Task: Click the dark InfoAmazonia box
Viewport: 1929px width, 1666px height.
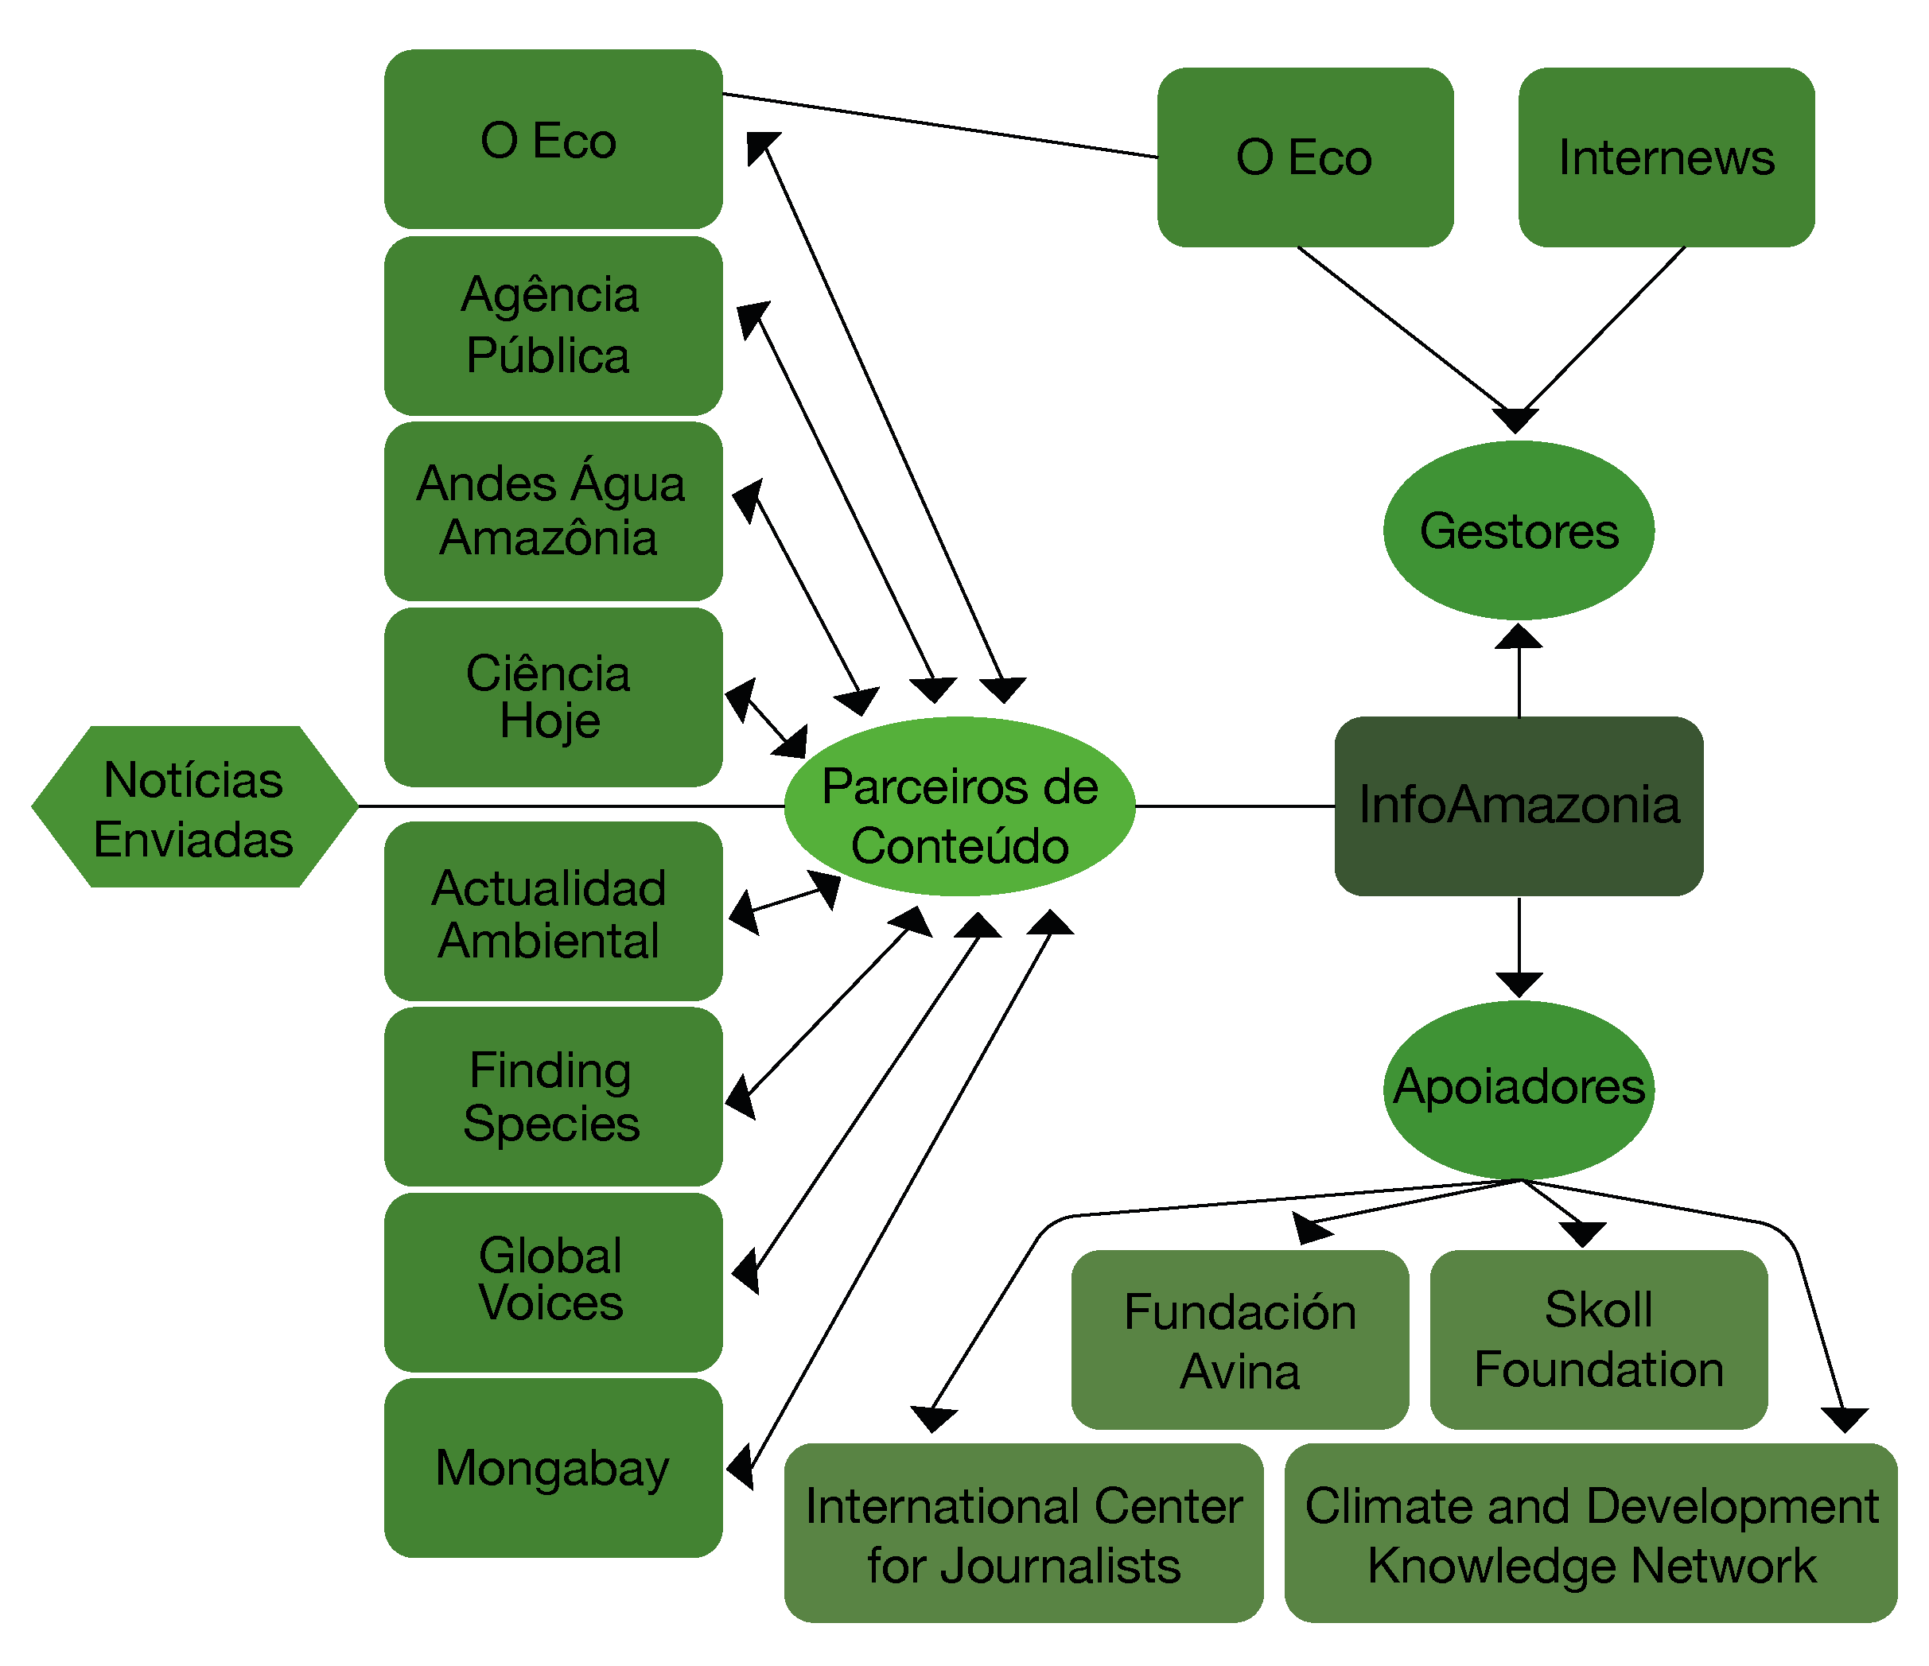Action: point(1519,806)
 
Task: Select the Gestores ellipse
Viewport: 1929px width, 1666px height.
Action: point(1519,530)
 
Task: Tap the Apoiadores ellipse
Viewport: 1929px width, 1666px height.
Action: point(1519,1088)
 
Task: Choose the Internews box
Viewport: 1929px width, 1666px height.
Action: point(1666,157)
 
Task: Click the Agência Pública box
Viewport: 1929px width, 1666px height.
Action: point(553,326)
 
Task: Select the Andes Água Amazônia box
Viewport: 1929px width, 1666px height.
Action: point(553,511)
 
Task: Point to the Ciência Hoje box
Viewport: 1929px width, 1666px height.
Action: point(553,697)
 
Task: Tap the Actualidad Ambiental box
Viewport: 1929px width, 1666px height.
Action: point(553,912)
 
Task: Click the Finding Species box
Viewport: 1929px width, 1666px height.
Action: point(553,1097)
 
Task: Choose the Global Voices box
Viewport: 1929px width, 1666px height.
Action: point(553,1282)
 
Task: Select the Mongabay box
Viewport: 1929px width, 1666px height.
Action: point(553,1468)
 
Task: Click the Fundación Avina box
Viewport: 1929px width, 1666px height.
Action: point(1240,1340)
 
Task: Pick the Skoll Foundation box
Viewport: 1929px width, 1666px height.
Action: point(1599,1340)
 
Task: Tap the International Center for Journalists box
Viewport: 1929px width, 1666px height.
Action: point(1023,1535)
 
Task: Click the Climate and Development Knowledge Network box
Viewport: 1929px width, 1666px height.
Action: point(1590,1535)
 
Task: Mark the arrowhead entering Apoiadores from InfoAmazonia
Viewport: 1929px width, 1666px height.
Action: point(1519,984)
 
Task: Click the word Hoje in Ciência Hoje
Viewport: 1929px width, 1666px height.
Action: point(550,722)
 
